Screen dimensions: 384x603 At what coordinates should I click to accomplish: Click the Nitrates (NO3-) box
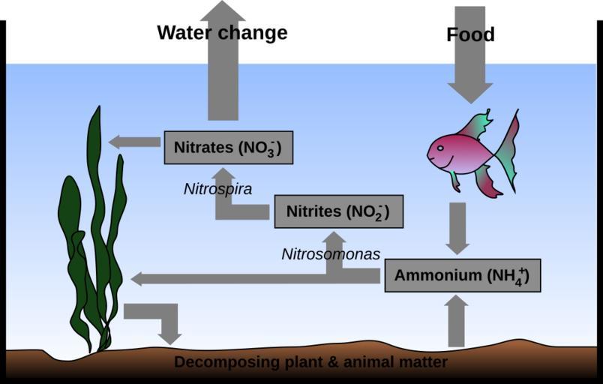(228, 147)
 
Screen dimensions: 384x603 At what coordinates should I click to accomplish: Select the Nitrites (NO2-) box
(338, 211)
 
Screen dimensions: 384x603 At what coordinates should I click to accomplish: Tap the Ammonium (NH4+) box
(462, 275)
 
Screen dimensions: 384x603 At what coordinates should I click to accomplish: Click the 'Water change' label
(222, 33)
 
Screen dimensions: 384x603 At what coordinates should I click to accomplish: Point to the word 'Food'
(470, 34)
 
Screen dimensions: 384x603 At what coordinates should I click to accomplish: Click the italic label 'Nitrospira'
(217, 189)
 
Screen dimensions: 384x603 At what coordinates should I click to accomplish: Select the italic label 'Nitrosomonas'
(331, 253)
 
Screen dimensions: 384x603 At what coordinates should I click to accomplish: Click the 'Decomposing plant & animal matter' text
(310, 362)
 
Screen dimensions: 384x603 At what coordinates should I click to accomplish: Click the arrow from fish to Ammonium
(457, 226)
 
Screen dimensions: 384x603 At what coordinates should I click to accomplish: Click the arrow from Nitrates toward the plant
(131, 141)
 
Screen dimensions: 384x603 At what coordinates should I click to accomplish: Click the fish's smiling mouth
(438, 160)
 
